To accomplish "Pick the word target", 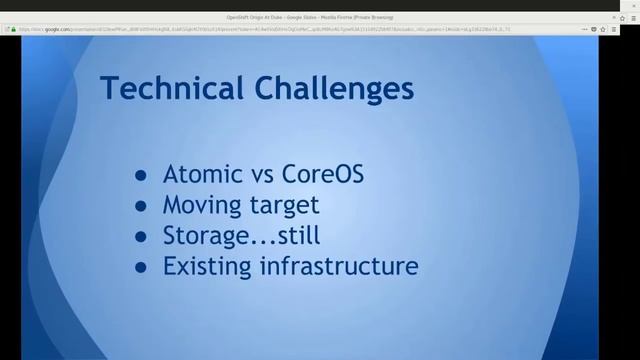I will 286,207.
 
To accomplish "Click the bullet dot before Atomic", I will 142,176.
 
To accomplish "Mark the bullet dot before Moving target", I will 142,207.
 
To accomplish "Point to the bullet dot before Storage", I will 142,237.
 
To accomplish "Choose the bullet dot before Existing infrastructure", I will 142,268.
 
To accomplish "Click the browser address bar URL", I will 200,29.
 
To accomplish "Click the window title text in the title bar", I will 319,17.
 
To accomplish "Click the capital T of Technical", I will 110,90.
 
